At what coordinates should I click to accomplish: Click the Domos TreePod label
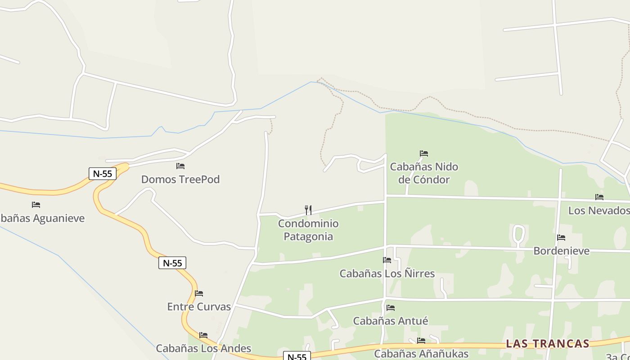[x=180, y=179]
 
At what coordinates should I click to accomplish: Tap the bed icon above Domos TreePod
[x=180, y=166]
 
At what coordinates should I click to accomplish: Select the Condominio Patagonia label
[x=308, y=229]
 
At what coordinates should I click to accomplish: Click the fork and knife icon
[x=308, y=210]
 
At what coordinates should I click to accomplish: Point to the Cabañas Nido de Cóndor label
[x=424, y=173]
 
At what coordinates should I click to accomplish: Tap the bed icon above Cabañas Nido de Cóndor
[x=424, y=153]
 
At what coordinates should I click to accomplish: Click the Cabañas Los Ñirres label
[x=387, y=274]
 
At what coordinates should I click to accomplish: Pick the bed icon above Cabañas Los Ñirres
[x=387, y=260]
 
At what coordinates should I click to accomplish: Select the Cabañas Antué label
[x=391, y=321]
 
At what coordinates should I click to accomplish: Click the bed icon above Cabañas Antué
[x=391, y=308]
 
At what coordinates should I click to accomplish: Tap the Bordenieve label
[x=561, y=251]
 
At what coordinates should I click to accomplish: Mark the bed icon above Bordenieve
[x=561, y=238]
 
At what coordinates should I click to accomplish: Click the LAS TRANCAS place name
[x=548, y=344]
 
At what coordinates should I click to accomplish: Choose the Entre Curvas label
[x=199, y=307]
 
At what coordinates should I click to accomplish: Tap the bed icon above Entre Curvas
[x=199, y=294]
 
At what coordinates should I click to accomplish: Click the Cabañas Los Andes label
[x=203, y=348]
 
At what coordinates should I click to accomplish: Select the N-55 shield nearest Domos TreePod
[x=103, y=174]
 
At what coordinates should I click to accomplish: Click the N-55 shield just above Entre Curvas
[x=172, y=263]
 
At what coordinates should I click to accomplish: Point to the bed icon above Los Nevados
[x=599, y=197]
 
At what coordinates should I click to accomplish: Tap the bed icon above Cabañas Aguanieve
[x=36, y=205]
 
